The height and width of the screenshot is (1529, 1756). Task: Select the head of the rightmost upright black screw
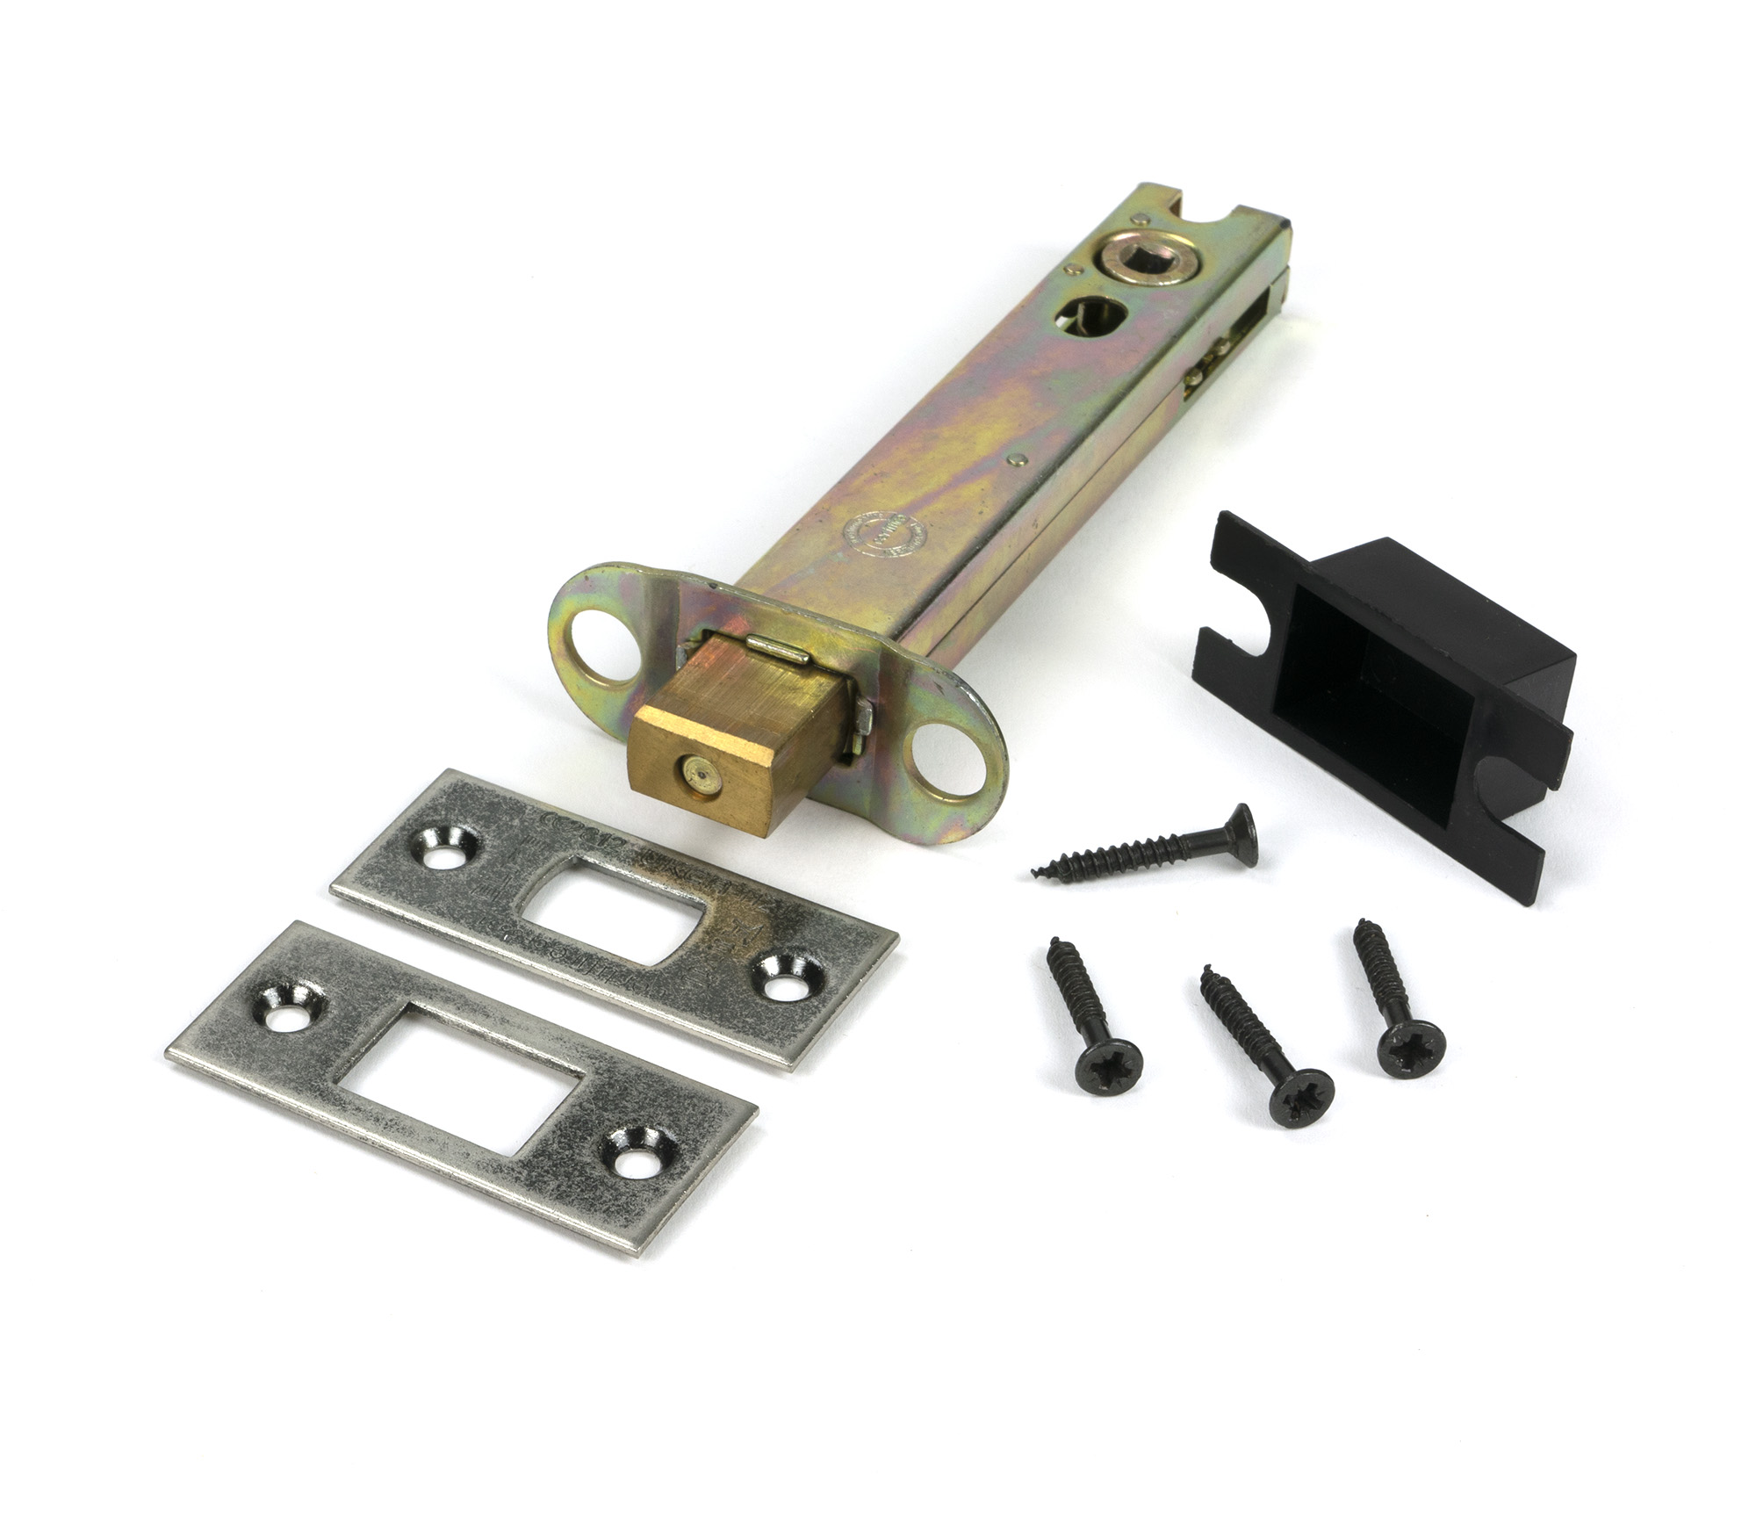pos(1411,1049)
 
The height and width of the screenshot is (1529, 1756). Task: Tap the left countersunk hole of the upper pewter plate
pos(446,851)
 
